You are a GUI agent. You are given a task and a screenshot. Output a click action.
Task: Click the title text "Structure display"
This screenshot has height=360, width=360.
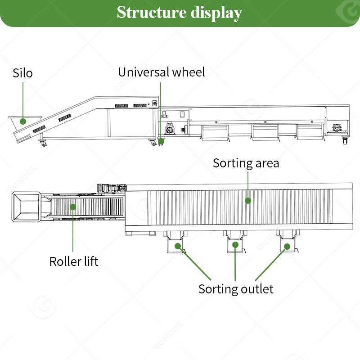pos(180,13)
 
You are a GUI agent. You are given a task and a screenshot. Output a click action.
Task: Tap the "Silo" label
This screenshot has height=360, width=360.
pos(22,73)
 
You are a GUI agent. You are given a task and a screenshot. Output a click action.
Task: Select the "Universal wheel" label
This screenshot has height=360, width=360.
pos(161,72)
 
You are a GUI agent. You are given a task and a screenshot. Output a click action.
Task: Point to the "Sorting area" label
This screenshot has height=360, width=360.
pos(246,163)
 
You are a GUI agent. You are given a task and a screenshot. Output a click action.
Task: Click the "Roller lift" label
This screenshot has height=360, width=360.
pos(74,261)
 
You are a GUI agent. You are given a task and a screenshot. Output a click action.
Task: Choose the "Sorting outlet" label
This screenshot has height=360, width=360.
pos(236,289)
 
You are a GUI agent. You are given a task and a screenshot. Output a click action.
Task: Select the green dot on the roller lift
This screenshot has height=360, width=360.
pos(73,207)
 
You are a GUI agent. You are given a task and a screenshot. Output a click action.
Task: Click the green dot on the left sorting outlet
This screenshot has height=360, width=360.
pos(178,246)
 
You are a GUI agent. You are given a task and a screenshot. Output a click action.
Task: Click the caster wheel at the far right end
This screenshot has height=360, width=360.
pos(346,141)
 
